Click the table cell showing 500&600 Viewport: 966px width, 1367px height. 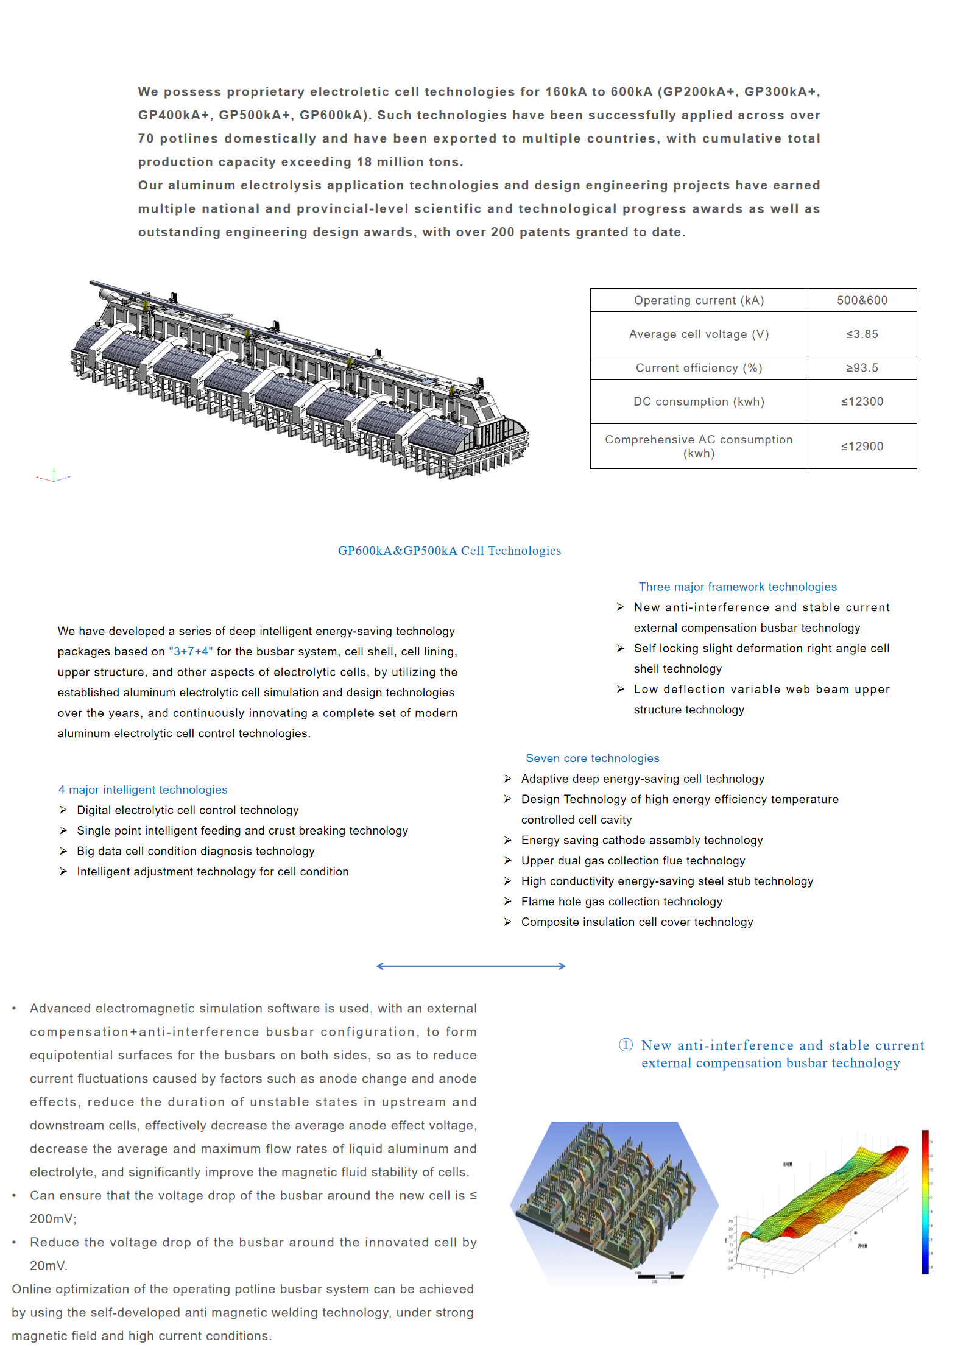(862, 300)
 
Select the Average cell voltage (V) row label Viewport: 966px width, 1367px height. (699, 334)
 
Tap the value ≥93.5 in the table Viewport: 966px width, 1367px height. (862, 368)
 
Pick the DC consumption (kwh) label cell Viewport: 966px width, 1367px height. (699, 401)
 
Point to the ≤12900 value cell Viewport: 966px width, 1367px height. (862, 447)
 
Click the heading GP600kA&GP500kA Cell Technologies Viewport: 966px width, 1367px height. (450, 551)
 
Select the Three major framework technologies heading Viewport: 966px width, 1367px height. (738, 587)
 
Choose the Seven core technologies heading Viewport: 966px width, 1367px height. (592, 758)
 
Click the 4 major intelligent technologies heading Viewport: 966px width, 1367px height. (143, 789)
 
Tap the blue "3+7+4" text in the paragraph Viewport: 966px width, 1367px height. (191, 651)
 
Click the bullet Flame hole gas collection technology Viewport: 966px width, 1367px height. (621, 902)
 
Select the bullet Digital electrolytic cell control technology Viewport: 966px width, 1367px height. (188, 810)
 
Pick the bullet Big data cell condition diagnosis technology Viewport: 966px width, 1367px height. (196, 851)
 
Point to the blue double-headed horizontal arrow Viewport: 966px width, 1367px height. (471, 966)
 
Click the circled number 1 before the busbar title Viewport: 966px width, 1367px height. (626, 1045)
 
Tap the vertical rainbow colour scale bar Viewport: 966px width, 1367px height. (925, 1202)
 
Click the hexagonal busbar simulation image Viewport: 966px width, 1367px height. (614, 1201)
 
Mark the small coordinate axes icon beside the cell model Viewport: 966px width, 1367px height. (54, 476)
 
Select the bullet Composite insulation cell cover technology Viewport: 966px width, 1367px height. (637, 922)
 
